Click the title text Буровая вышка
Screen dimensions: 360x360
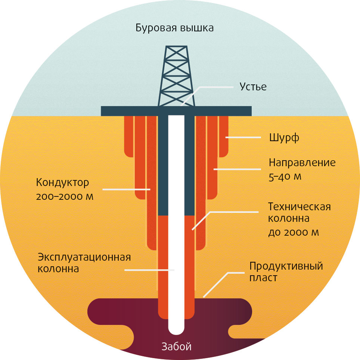tap(174, 28)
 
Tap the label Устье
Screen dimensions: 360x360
tap(253, 87)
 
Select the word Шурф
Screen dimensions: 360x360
tap(284, 138)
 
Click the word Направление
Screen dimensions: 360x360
tap(302, 163)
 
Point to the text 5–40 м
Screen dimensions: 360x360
tap(285, 176)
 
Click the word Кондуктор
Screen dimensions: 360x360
tap(63, 183)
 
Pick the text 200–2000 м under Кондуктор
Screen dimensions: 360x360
tap(64, 196)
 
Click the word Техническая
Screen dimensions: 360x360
tap(300, 207)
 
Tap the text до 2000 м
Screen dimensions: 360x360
tap(294, 232)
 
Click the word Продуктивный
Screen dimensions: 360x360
tap(286, 267)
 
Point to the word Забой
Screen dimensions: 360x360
tap(177, 347)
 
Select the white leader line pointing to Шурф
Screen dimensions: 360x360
tap(243, 138)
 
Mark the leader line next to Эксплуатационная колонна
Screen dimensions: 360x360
tap(149, 270)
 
